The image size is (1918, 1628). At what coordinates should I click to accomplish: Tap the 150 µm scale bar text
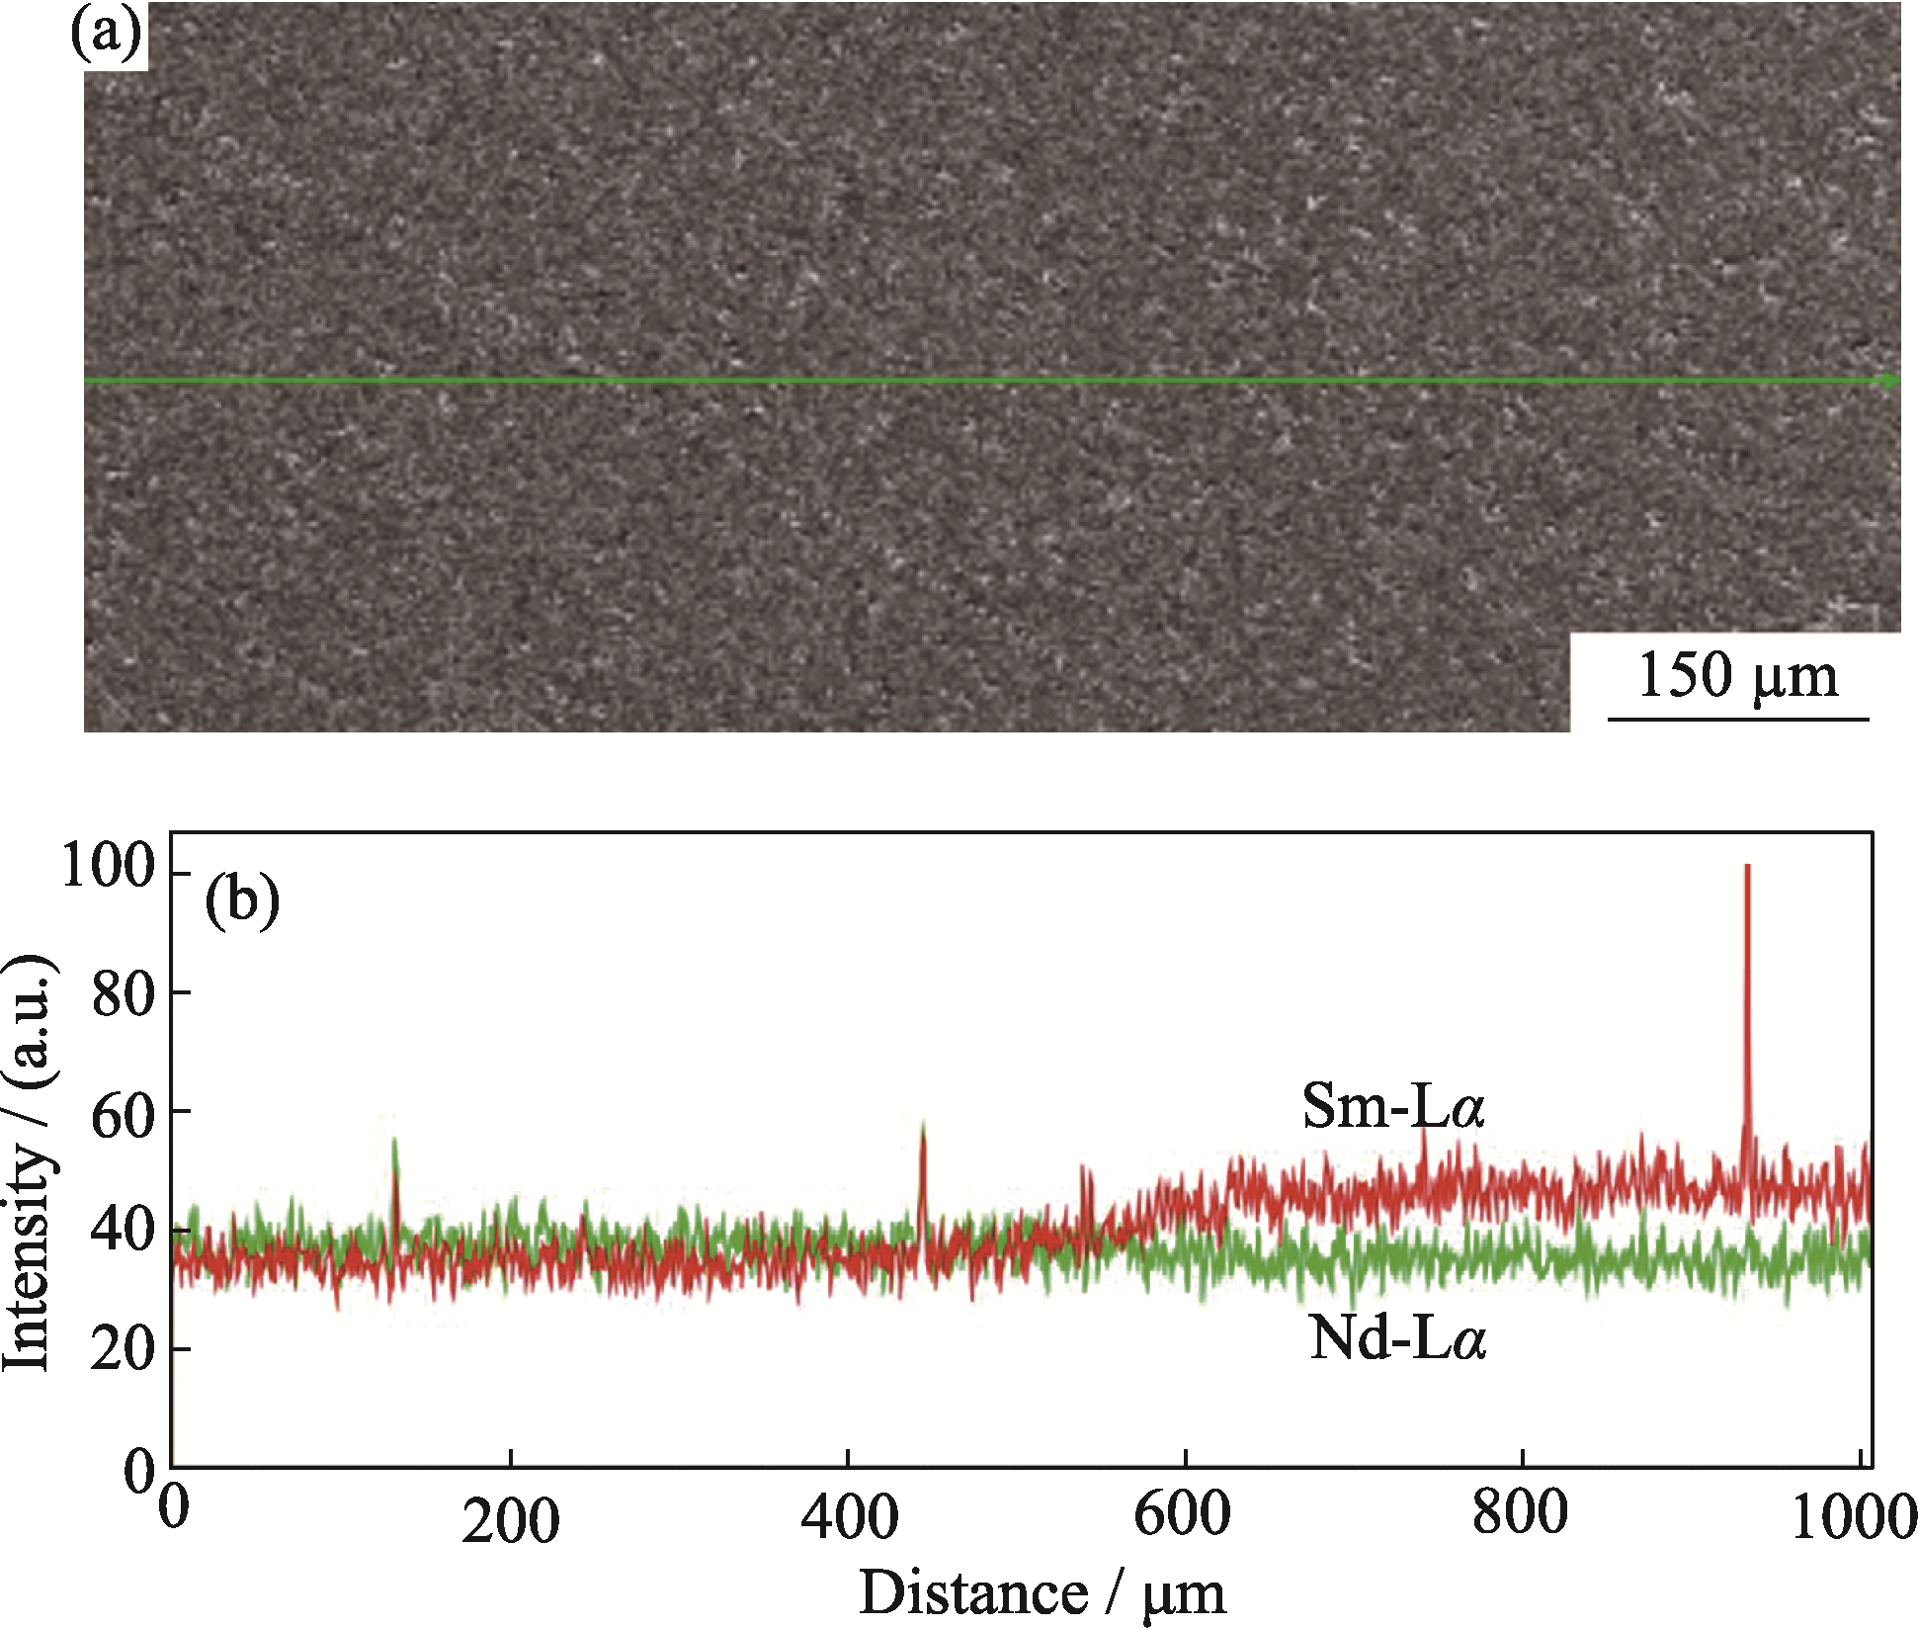[x=1738, y=676]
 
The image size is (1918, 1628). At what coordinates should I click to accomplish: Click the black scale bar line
[x=1738, y=719]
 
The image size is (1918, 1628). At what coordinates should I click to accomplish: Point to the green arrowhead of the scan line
[x=1890, y=382]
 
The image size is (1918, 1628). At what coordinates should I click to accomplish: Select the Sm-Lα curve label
[x=1393, y=1106]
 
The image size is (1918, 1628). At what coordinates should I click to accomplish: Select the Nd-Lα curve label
[x=1397, y=1339]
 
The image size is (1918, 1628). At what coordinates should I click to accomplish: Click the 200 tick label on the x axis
[x=510, y=1521]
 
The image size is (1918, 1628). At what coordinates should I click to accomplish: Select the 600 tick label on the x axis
[x=1183, y=1515]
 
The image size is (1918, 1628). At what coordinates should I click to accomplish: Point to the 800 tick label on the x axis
[x=1520, y=1513]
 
